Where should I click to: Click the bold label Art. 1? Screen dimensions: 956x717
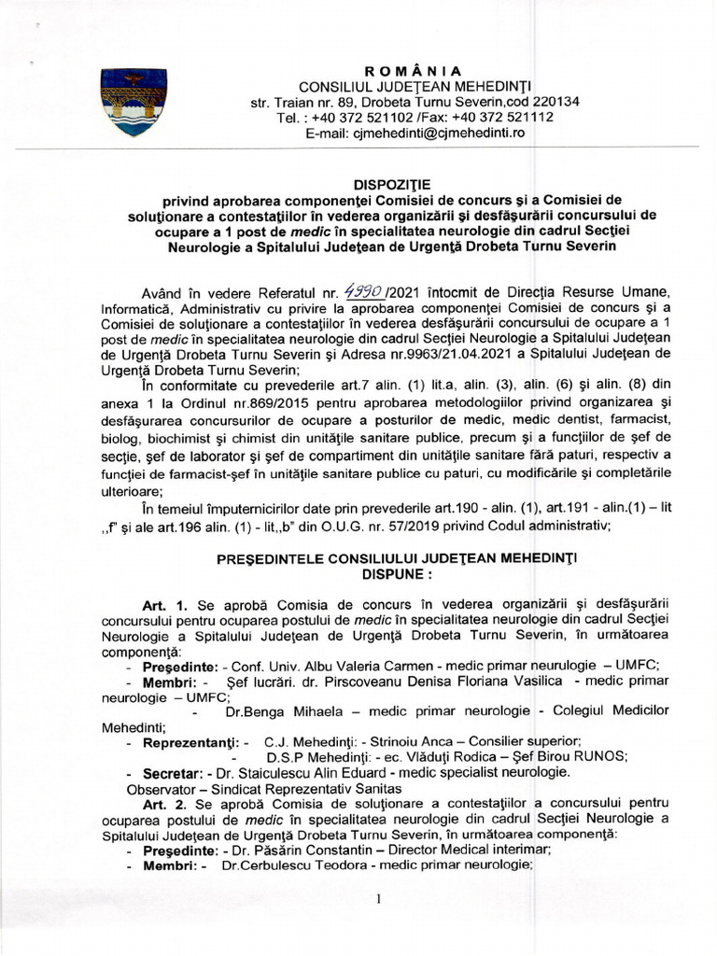[x=164, y=604]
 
